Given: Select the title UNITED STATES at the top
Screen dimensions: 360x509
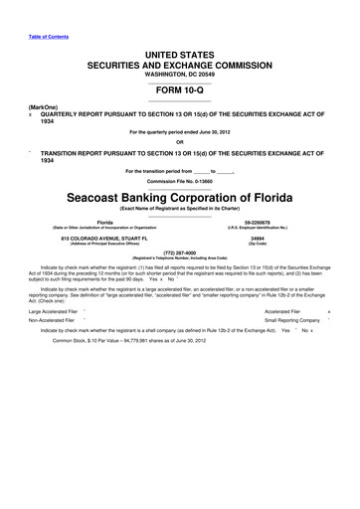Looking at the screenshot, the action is pos(179,49).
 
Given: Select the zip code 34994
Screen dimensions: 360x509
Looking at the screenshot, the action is pos(258,240).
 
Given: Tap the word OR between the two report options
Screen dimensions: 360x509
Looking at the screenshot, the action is pos(179,140).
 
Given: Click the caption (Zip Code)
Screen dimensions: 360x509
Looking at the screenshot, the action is pos(258,246).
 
